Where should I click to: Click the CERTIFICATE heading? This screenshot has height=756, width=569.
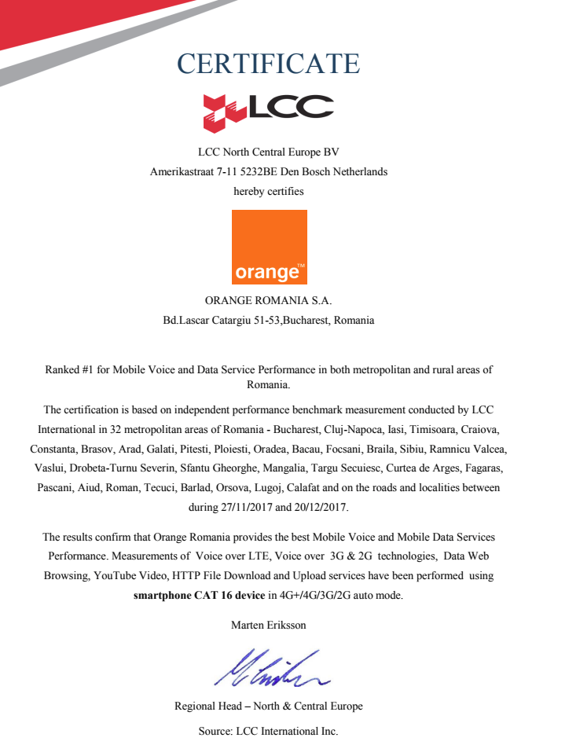[x=268, y=64]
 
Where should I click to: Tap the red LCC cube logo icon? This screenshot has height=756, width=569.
[x=225, y=112]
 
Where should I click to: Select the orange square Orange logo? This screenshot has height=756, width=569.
[x=270, y=247]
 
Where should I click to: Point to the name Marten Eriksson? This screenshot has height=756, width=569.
[x=269, y=625]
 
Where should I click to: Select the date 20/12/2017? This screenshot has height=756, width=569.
[x=320, y=507]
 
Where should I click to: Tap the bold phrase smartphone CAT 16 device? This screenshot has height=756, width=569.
[x=199, y=595]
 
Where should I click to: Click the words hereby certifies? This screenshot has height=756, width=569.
[x=268, y=190]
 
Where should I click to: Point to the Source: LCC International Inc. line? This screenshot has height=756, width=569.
[x=268, y=731]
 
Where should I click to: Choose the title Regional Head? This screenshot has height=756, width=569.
[x=208, y=706]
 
